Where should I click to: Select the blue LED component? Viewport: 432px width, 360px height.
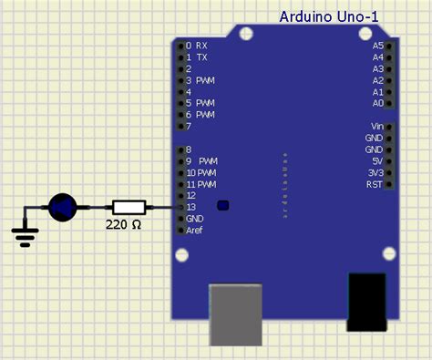point(62,208)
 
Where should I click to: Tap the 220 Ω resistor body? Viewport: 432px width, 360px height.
point(129,208)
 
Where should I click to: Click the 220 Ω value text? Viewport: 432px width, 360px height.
point(123,223)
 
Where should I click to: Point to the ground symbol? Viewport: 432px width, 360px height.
point(26,236)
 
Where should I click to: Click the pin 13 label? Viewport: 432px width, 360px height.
point(191,208)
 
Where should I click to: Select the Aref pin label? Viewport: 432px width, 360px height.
point(195,231)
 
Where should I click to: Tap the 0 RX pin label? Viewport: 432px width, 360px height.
point(196,45)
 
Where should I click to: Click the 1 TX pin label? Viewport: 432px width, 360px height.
point(196,57)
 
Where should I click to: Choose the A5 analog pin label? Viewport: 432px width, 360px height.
point(378,45)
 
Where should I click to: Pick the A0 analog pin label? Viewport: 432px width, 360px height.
point(378,104)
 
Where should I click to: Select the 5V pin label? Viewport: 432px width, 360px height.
point(377,161)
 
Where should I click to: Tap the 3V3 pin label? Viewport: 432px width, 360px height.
point(375,173)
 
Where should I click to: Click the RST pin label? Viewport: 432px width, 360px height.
point(375,185)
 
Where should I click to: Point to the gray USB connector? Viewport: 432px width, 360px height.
point(236,314)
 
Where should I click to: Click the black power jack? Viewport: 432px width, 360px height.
point(368,303)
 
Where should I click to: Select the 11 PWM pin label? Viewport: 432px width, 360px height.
point(201,184)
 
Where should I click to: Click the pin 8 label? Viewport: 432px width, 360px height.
point(189,149)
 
